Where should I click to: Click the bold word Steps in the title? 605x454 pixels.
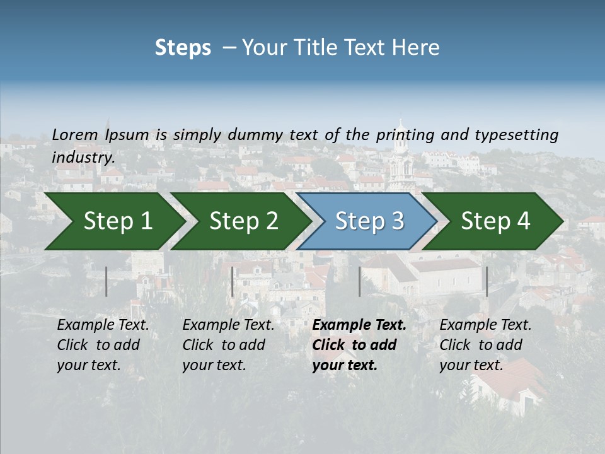click(x=183, y=48)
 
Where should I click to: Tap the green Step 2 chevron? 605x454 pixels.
click(x=243, y=221)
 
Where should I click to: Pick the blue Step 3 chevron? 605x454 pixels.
click(x=369, y=221)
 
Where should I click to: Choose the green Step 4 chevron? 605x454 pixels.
click(x=495, y=221)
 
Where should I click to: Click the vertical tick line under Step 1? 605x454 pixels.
click(x=107, y=281)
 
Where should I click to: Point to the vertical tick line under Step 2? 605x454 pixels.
click(x=233, y=281)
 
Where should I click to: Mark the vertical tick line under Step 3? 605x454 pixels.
click(x=359, y=281)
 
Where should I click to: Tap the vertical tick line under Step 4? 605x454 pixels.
click(x=487, y=281)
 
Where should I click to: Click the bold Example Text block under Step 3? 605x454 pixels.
click(x=359, y=345)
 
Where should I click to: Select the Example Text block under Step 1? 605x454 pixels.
click(x=103, y=345)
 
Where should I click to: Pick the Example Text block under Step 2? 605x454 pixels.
click(x=228, y=345)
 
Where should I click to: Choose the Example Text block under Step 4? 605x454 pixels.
click(x=485, y=345)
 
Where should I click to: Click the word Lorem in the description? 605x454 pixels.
click(x=75, y=135)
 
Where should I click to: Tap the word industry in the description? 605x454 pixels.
click(x=83, y=158)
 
